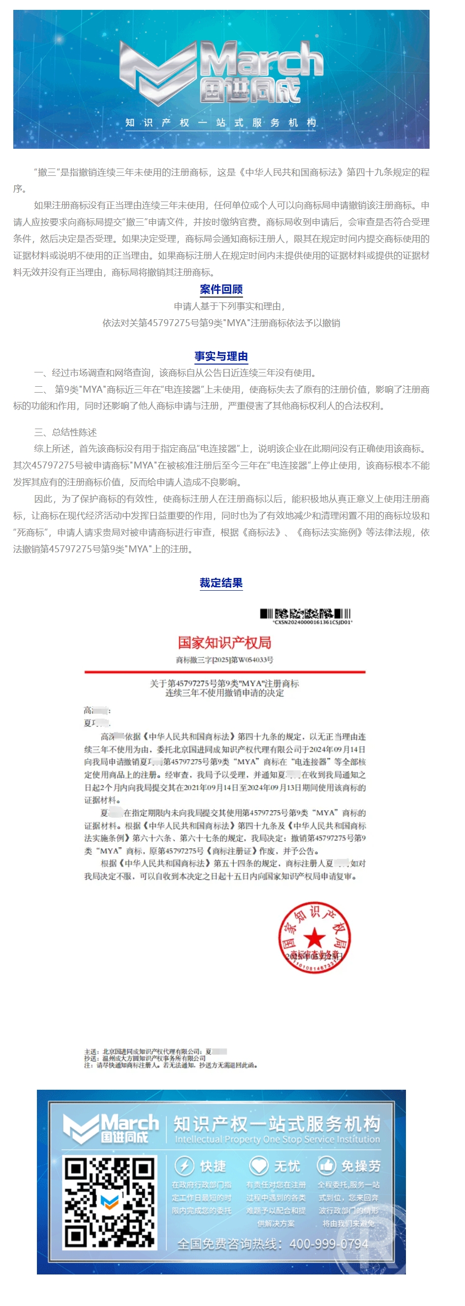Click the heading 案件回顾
pyautogui.click(x=221, y=290)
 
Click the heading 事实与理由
pyautogui.click(x=221, y=356)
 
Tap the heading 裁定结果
pyautogui.click(x=221, y=583)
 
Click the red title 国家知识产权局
pyautogui.click(x=224, y=643)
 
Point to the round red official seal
pyautogui.click(x=314, y=938)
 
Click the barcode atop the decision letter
pyautogui.click(x=306, y=613)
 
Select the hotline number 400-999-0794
pyautogui.click(x=329, y=1244)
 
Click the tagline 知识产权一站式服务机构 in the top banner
pyautogui.click(x=221, y=123)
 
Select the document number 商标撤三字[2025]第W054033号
pyautogui.click(x=224, y=660)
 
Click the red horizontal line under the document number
pyautogui.click(x=224, y=672)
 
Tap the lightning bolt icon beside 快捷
pyautogui.click(x=185, y=1166)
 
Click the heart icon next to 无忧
pyautogui.click(x=258, y=1166)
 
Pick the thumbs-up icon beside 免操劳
pyautogui.click(x=326, y=1166)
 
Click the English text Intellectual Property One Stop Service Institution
pyautogui.click(x=277, y=1139)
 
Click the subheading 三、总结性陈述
pyautogui.click(x=65, y=433)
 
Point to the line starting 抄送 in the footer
pyautogui.click(x=145, y=1058)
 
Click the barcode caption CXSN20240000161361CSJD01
pyautogui.click(x=312, y=622)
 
